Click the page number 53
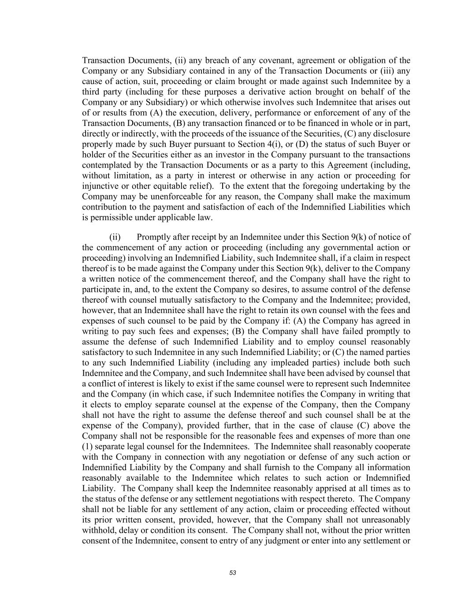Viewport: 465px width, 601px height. tap(233, 573)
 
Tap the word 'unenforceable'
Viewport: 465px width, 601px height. tap(176, 197)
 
